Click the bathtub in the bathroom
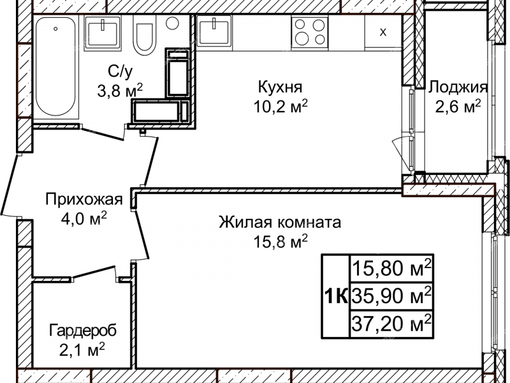(56, 68)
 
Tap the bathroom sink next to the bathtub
(102, 32)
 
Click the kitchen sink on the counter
(214, 31)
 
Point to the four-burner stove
(309, 31)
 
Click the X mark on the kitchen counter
(382, 33)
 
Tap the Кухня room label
(280, 87)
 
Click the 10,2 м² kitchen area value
(280, 106)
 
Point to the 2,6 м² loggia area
(458, 107)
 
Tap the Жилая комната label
(280, 223)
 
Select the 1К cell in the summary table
(335, 296)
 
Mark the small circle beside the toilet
(172, 23)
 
